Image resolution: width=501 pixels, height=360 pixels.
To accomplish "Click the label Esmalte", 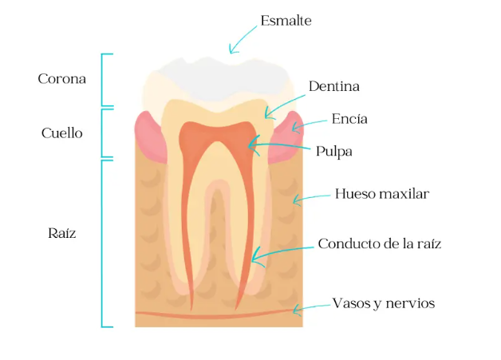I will [x=286, y=21].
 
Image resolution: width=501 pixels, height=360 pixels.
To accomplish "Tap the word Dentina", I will [x=333, y=86].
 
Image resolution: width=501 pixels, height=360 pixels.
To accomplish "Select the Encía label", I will [x=349, y=119].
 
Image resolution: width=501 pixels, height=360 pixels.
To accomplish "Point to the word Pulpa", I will [x=333, y=150].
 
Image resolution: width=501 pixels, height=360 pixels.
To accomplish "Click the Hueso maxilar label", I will [x=381, y=194].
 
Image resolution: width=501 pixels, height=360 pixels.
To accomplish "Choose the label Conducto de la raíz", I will [x=379, y=243].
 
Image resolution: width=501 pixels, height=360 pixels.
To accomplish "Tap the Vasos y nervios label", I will [x=383, y=303].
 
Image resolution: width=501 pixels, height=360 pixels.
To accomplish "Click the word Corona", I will [x=61, y=79].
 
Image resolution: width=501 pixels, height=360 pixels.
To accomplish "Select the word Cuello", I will [x=61, y=133].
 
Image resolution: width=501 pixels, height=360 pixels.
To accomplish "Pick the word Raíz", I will [x=61, y=234].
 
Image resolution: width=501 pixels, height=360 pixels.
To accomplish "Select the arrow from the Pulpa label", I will [x=279, y=146].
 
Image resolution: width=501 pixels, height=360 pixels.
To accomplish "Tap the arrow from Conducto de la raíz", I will [x=279, y=251].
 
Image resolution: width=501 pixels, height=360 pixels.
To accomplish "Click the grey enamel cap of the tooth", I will [x=215, y=76].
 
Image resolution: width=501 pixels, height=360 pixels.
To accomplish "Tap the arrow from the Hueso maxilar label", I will [x=311, y=197].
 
